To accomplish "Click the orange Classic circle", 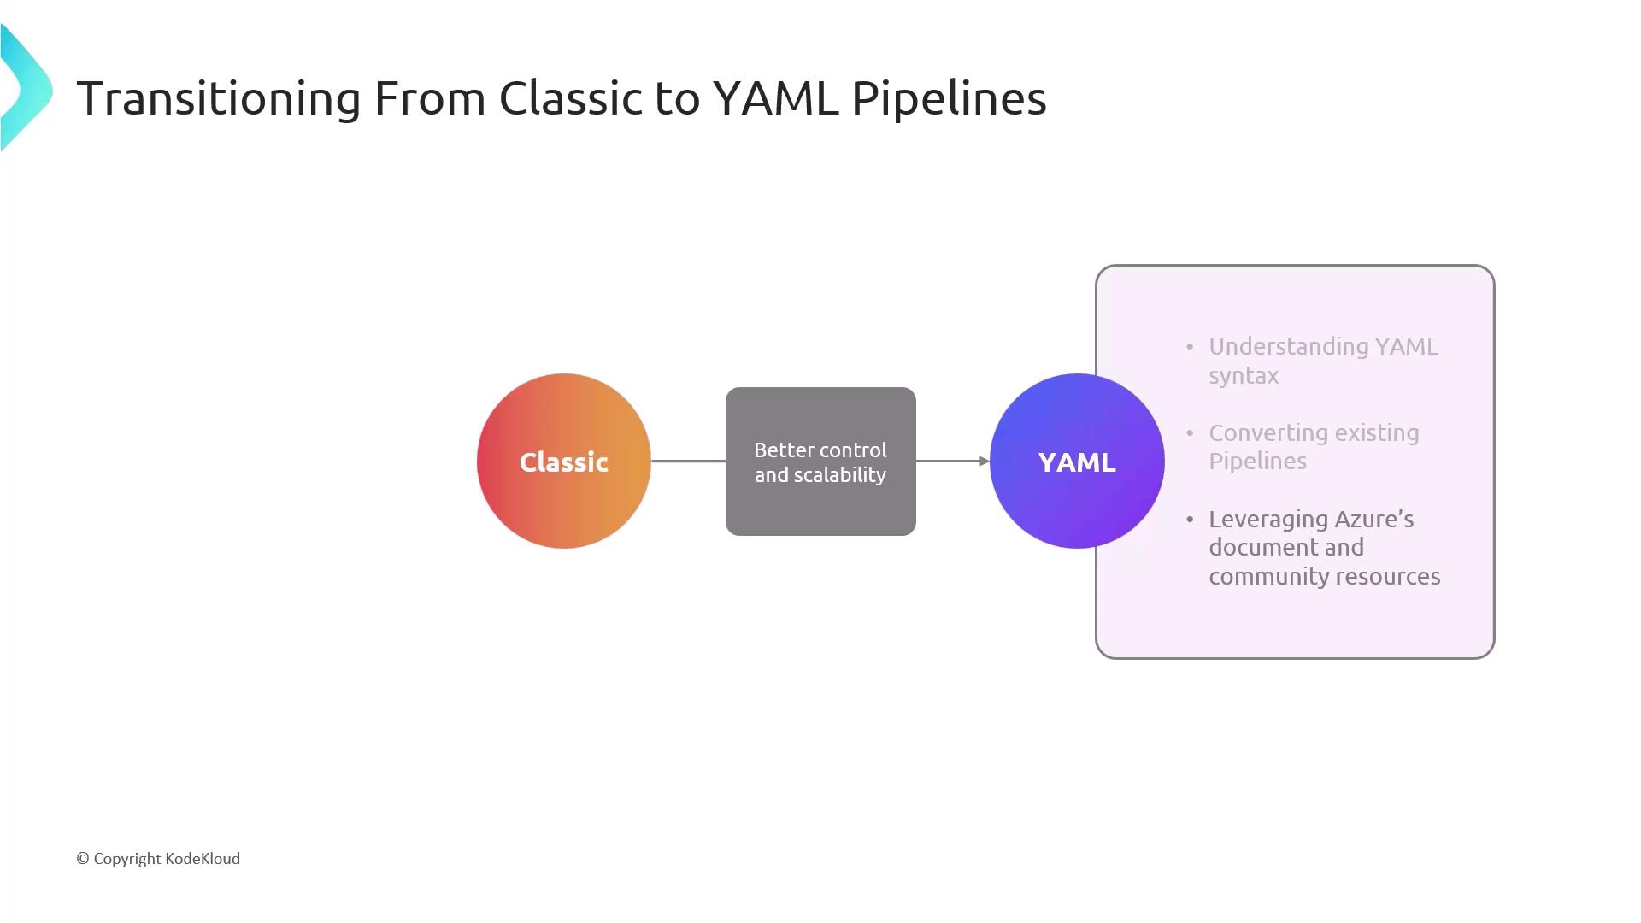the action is (564, 461).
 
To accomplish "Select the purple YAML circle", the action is (1077, 461).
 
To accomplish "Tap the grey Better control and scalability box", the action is (820, 461).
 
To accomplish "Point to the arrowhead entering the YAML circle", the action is (985, 461).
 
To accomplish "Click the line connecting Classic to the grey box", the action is (688, 461).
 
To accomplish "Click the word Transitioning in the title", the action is (219, 98).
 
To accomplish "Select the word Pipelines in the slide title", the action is (949, 98).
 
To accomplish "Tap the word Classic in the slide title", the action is (570, 97).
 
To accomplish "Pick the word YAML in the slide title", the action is (775, 97).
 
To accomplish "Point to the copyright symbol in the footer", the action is (83, 859).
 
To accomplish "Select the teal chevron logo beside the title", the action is (26, 87).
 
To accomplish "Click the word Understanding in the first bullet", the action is (1288, 348).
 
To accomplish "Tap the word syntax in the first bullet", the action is (1244, 376).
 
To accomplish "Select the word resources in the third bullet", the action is (1390, 577).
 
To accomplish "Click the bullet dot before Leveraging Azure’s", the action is (1190, 519).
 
